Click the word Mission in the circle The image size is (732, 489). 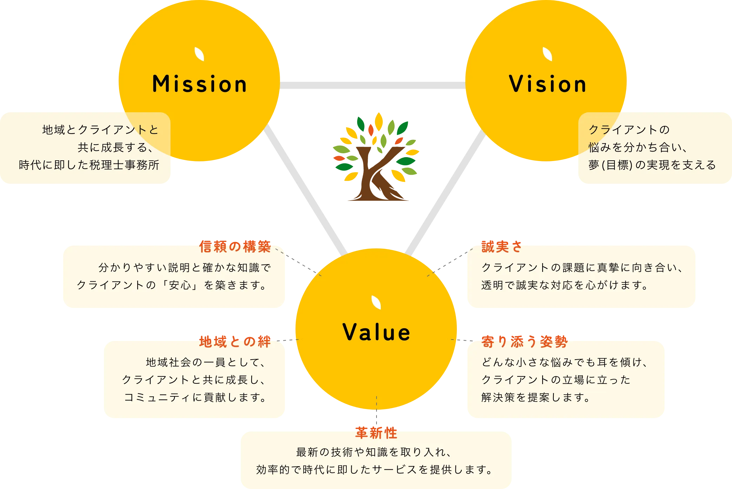(199, 85)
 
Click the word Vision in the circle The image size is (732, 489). (547, 85)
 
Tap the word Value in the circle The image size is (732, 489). (376, 332)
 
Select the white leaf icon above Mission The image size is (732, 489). (199, 54)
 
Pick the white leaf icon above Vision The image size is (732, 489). (547, 54)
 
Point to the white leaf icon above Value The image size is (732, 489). (376, 302)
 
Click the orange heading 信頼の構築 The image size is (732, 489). (235, 247)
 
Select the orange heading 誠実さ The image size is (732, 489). (501, 247)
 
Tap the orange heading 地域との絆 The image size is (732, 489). (235, 342)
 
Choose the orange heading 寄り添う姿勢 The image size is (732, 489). (524, 342)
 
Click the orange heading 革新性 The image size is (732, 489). (376, 433)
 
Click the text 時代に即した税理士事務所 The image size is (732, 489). (89, 165)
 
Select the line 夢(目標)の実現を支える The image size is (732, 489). (652, 165)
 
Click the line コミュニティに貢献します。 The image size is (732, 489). (195, 397)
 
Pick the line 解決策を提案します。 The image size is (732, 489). (536, 397)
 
